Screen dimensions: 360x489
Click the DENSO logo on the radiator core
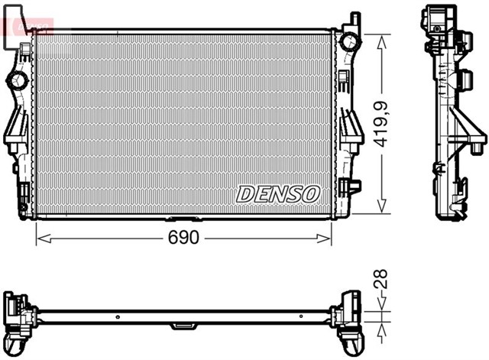coord(277,194)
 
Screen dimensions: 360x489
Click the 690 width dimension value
coord(184,238)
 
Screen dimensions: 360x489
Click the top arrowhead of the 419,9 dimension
coord(381,35)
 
